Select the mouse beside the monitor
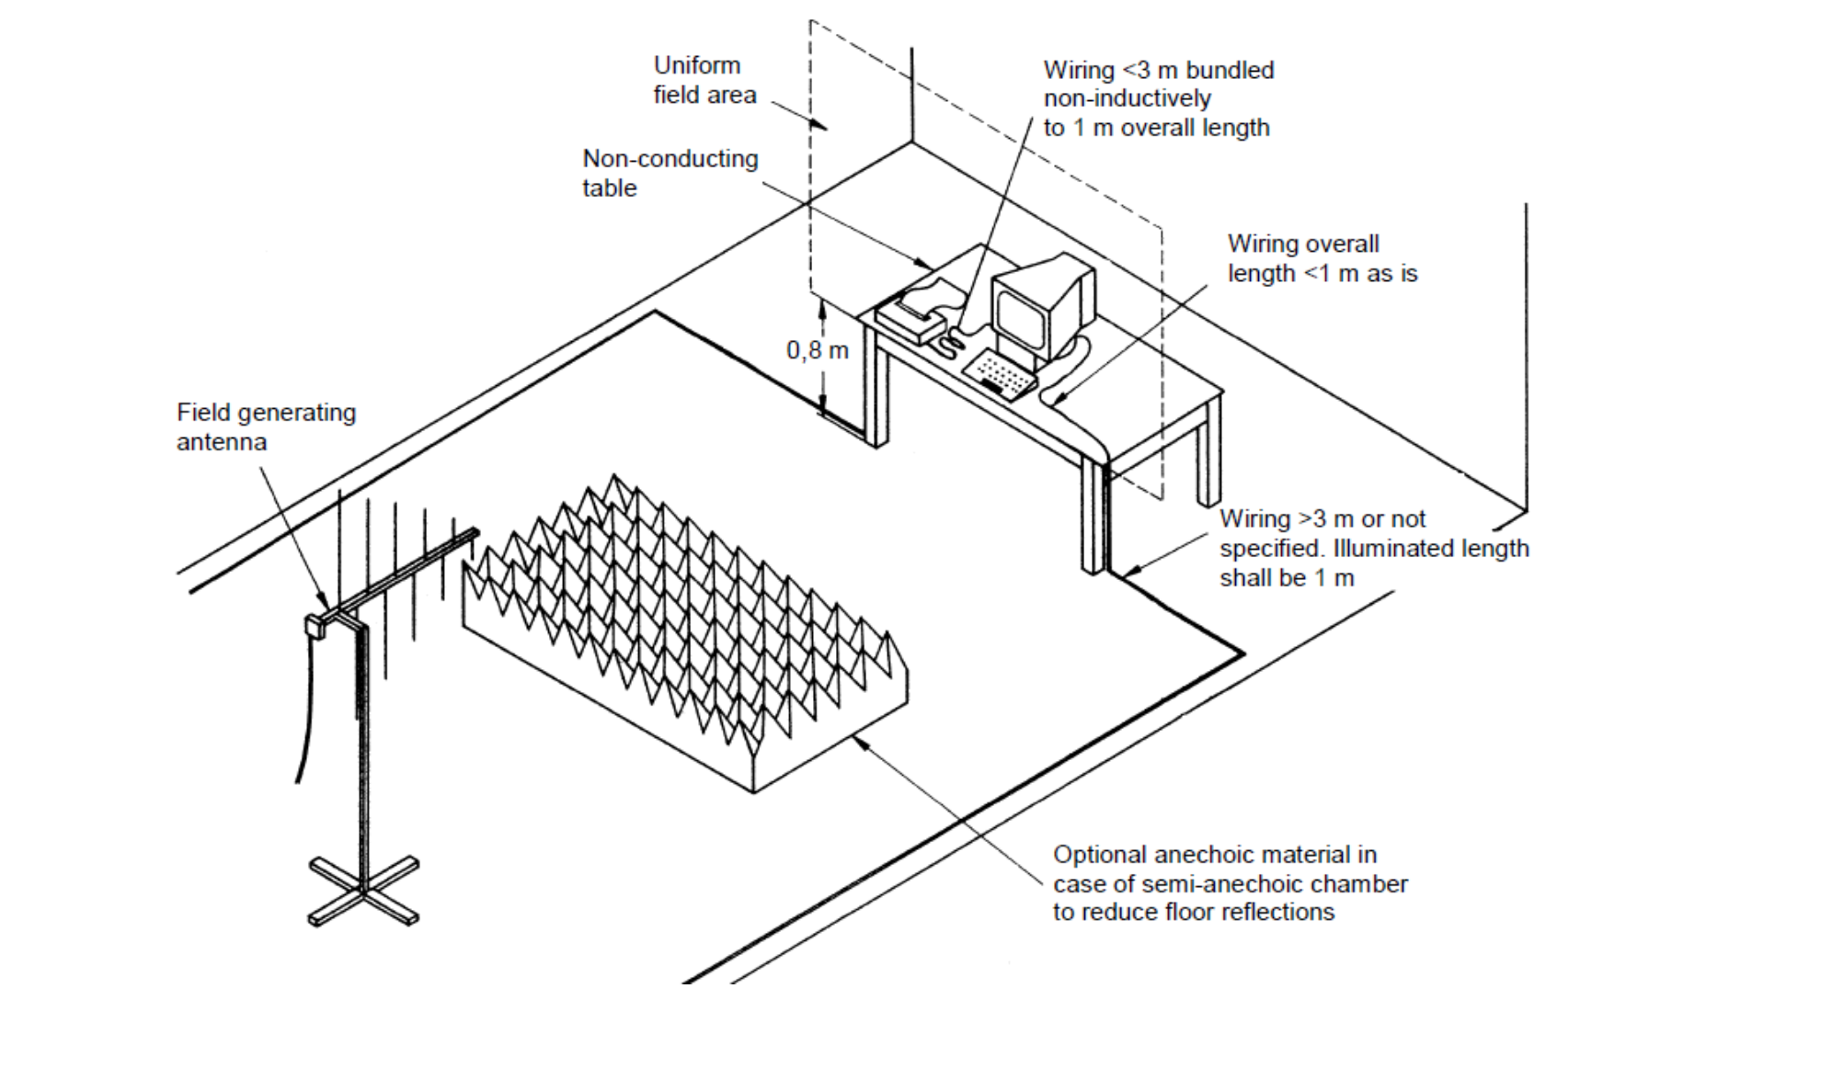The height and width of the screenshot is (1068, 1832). pos(948,345)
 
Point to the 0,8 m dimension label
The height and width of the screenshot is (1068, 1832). pos(817,350)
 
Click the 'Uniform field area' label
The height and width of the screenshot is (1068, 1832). pos(704,80)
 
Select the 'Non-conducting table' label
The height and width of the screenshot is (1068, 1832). pos(670,173)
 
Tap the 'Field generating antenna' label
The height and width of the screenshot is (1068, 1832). pos(266,426)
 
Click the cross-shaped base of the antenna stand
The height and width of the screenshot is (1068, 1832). pos(363,890)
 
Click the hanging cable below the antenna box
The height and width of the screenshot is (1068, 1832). pos(304,717)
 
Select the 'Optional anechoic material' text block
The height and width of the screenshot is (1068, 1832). pos(1230,883)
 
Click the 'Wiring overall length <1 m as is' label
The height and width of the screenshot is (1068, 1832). pos(1322,258)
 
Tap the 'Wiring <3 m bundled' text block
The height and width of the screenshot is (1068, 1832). pos(1158,98)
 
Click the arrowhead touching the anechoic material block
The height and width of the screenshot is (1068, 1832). pos(861,743)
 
